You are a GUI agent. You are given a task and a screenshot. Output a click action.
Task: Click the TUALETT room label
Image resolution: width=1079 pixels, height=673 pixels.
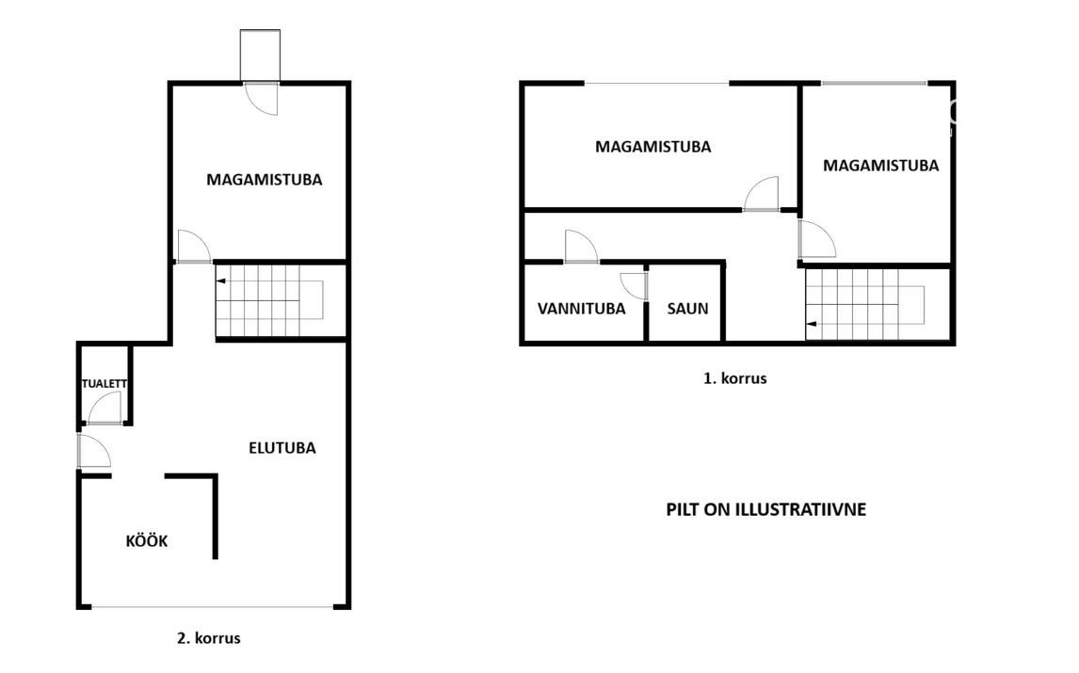tap(104, 384)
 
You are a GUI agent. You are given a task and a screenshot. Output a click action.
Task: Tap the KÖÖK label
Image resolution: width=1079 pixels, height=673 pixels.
tap(147, 541)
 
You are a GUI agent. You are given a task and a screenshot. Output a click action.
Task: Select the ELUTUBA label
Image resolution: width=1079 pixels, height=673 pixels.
tap(282, 448)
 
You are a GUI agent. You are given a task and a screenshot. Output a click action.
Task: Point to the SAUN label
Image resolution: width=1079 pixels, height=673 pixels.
tap(687, 309)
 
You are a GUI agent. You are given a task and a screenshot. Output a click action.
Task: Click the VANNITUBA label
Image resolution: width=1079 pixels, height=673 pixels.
tap(582, 309)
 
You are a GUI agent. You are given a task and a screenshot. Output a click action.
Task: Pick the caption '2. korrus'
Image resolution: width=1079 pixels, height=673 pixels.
tap(208, 638)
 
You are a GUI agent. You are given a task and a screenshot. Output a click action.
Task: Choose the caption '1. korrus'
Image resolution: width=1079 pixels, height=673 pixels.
tap(735, 378)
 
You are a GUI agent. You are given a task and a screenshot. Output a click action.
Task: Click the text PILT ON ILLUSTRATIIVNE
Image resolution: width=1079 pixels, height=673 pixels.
tap(765, 510)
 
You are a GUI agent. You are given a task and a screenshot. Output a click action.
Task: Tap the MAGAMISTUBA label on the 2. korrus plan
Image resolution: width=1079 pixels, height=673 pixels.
tap(265, 180)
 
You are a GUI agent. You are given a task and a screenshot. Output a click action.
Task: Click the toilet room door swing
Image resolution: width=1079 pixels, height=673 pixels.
tap(105, 408)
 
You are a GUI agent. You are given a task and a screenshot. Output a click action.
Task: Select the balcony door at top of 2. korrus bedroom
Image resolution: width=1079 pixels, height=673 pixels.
tap(262, 99)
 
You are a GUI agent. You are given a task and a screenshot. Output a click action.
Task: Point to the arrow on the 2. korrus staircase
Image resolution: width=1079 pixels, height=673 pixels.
tap(220, 280)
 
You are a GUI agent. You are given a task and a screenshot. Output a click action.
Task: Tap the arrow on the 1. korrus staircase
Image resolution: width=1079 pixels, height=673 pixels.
tap(812, 324)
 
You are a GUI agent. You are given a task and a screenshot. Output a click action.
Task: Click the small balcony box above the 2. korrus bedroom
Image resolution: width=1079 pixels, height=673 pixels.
tap(260, 55)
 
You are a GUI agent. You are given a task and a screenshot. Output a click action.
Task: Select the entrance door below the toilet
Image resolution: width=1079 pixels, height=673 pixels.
tap(94, 452)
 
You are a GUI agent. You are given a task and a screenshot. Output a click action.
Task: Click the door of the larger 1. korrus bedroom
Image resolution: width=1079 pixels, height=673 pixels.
tap(762, 193)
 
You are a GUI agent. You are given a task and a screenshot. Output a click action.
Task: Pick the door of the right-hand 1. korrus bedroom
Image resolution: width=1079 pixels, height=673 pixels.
tap(817, 239)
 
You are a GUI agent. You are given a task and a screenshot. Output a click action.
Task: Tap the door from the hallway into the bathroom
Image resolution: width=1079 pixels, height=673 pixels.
tap(582, 247)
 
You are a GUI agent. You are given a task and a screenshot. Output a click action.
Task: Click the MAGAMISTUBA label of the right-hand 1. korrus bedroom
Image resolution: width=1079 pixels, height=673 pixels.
tap(881, 166)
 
